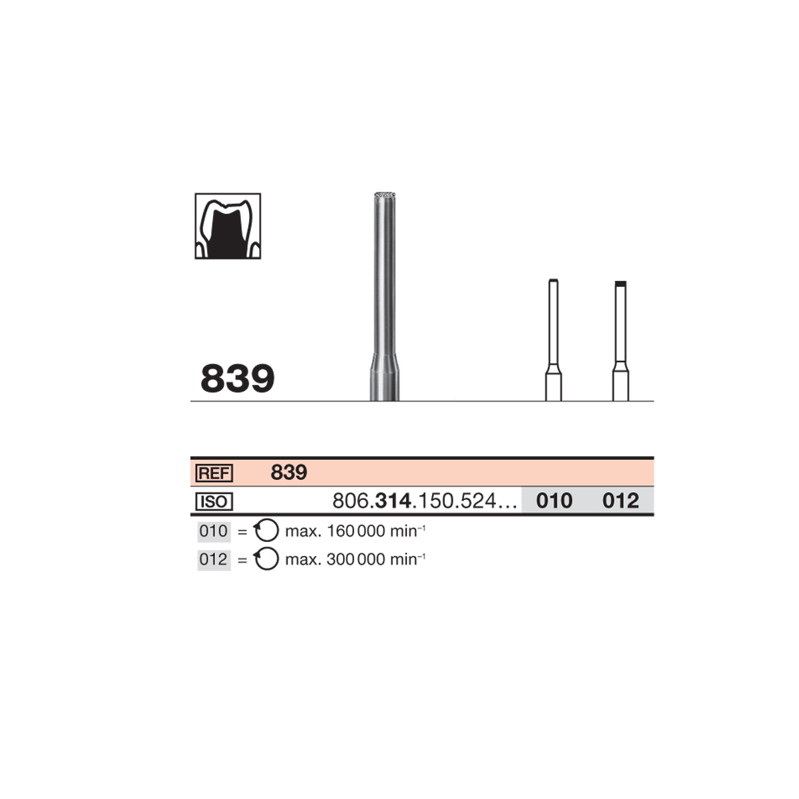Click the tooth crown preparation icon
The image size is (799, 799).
pyautogui.click(x=228, y=226)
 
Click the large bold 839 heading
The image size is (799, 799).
pyautogui.click(x=237, y=378)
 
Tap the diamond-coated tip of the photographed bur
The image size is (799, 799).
pyautogui.click(x=384, y=194)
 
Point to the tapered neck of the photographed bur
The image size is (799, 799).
pyautogui.click(x=384, y=362)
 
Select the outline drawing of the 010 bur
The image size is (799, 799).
pyautogui.click(x=553, y=340)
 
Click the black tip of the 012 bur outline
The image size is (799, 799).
pyautogui.click(x=621, y=284)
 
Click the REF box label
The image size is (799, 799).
pyautogui.click(x=214, y=473)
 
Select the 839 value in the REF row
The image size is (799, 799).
pyautogui.click(x=288, y=472)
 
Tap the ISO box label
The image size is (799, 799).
pyautogui.click(x=214, y=502)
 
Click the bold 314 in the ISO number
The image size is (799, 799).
pyautogui.click(x=393, y=501)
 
